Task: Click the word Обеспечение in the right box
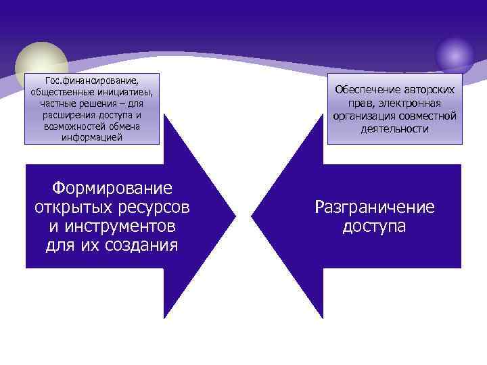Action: [x=366, y=90]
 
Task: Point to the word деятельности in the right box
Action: [x=395, y=128]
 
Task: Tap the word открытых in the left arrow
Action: [x=72, y=206]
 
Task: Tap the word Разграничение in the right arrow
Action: [x=375, y=207]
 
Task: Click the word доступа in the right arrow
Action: [x=375, y=226]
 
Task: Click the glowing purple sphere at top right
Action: [x=455, y=53]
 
